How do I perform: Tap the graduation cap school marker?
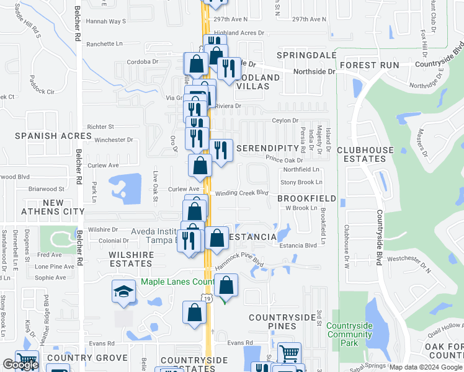123,291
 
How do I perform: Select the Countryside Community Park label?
349,334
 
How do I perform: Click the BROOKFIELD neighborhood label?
306,198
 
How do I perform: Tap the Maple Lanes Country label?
177,281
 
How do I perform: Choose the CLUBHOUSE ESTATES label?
365,154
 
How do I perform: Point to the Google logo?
20,365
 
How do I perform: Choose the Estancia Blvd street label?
298,246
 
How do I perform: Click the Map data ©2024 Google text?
426,367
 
